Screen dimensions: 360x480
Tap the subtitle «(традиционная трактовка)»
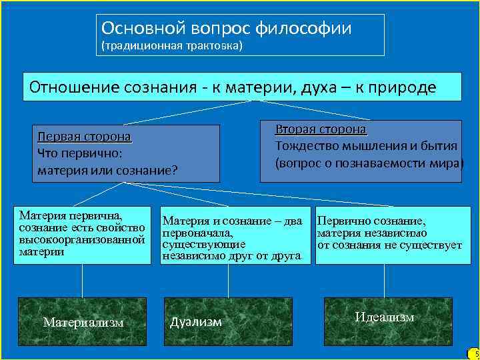[171, 46]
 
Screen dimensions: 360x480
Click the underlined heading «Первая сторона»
[84, 137]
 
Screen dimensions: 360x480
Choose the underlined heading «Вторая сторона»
[321, 129]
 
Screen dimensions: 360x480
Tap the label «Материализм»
[83, 323]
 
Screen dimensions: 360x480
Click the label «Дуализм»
[195, 322]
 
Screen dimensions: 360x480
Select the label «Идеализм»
[384, 317]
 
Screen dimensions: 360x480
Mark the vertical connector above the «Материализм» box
[83, 280]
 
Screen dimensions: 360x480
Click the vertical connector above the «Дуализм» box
[228, 280]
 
